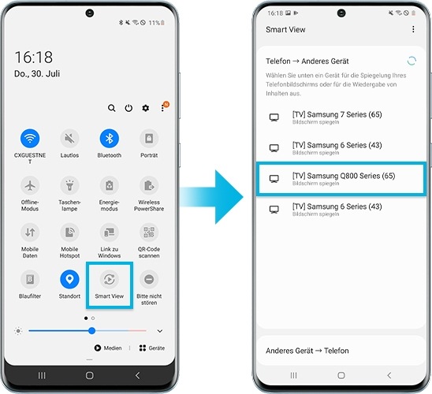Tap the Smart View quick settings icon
[109, 279]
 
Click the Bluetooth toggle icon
[109, 139]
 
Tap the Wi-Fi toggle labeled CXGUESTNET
[30, 139]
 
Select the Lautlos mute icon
[69, 139]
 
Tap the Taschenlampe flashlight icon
[69, 186]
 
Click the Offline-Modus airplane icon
[30, 186]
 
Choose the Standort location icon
[69, 279]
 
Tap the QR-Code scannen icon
[149, 232]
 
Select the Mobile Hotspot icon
[69, 232]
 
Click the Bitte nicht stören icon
[149, 279]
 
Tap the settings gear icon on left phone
[145, 108]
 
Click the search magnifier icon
[112, 108]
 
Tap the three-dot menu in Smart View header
[412, 29]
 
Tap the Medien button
[108, 348]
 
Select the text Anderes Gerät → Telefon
[307, 351]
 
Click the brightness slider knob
[91, 330]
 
